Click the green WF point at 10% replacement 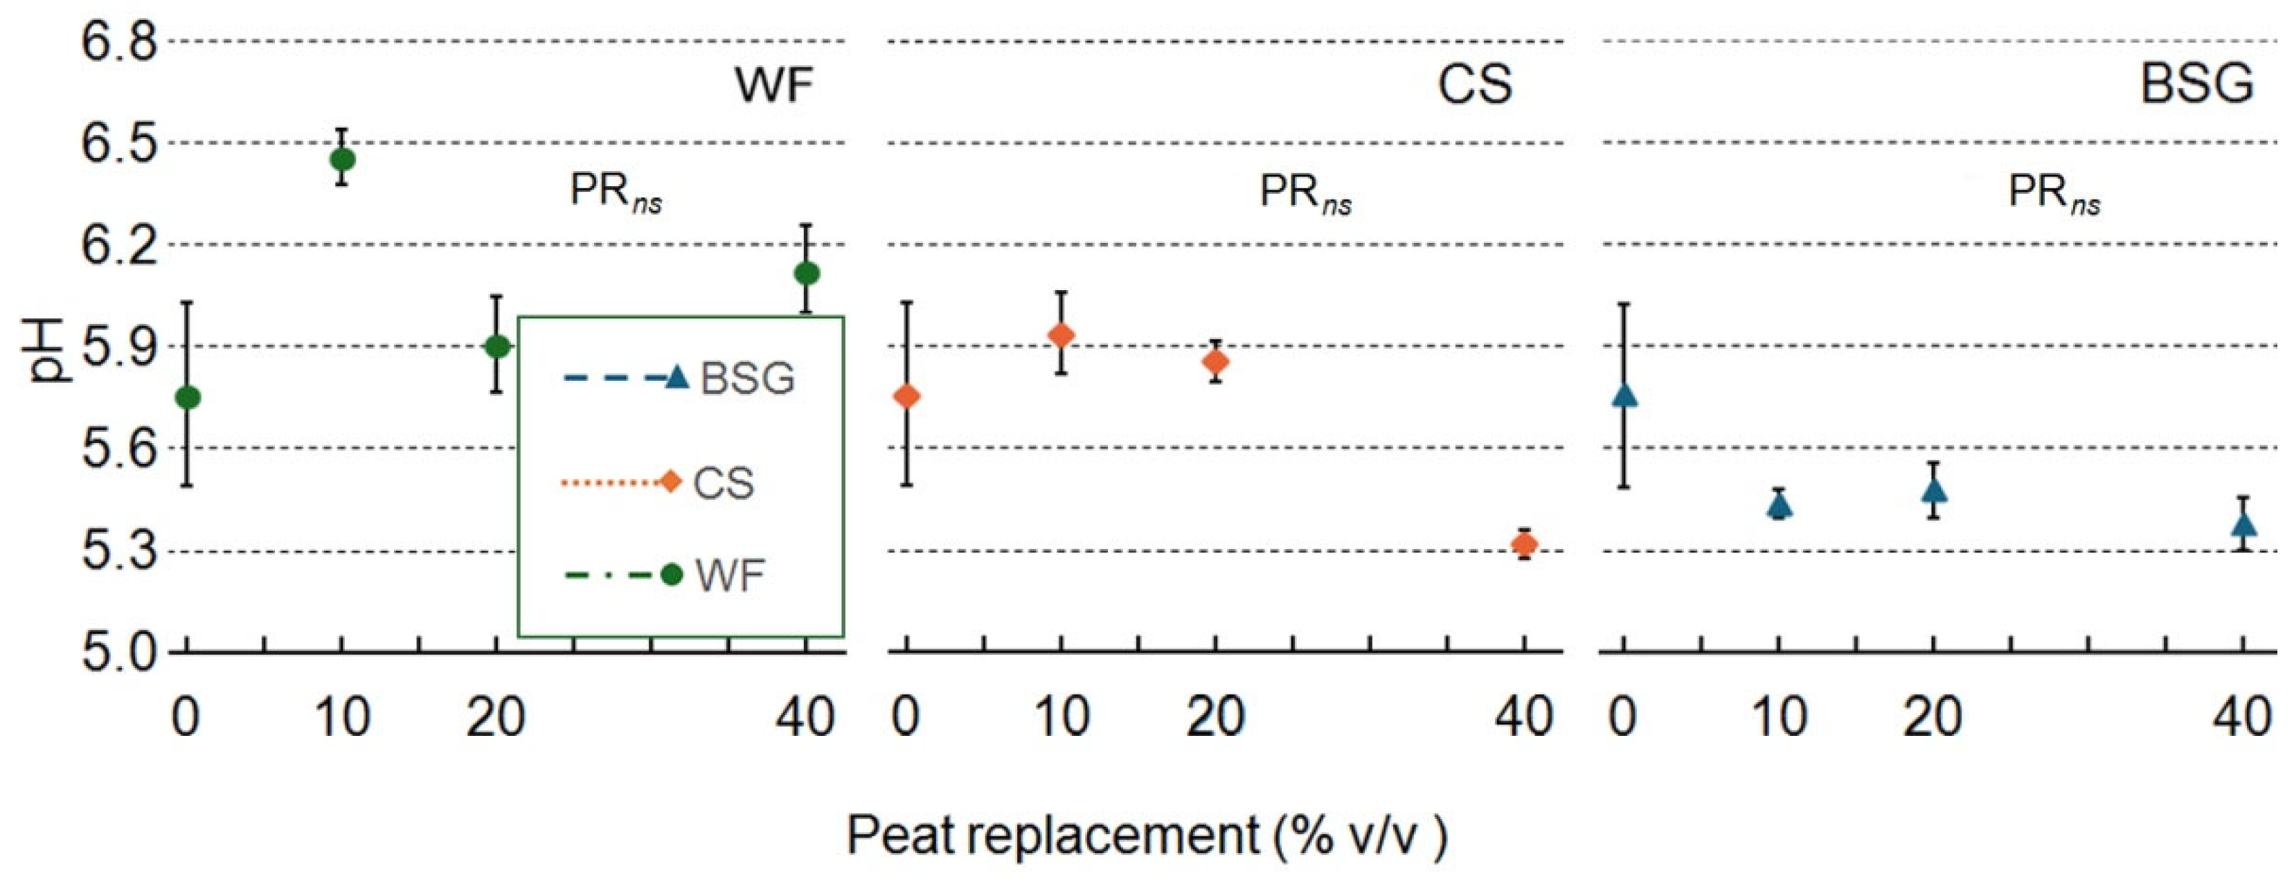pyautogui.click(x=342, y=159)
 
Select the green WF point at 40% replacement pyautogui.click(x=807, y=273)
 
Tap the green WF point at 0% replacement pyautogui.click(x=187, y=397)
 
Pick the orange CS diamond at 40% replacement pyautogui.click(x=1525, y=543)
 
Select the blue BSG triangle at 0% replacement pyautogui.click(x=1624, y=395)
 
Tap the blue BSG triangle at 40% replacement pyautogui.click(x=2244, y=524)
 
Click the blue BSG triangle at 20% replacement pyautogui.click(x=1934, y=490)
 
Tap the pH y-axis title pyautogui.click(x=44, y=350)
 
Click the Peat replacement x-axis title pyautogui.click(x=1146, y=836)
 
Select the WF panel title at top pyautogui.click(x=773, y=84)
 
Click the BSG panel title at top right pyautogui.click(x=2196, y=84)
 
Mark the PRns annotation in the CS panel pyautogui.click(x=1305, y=193)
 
